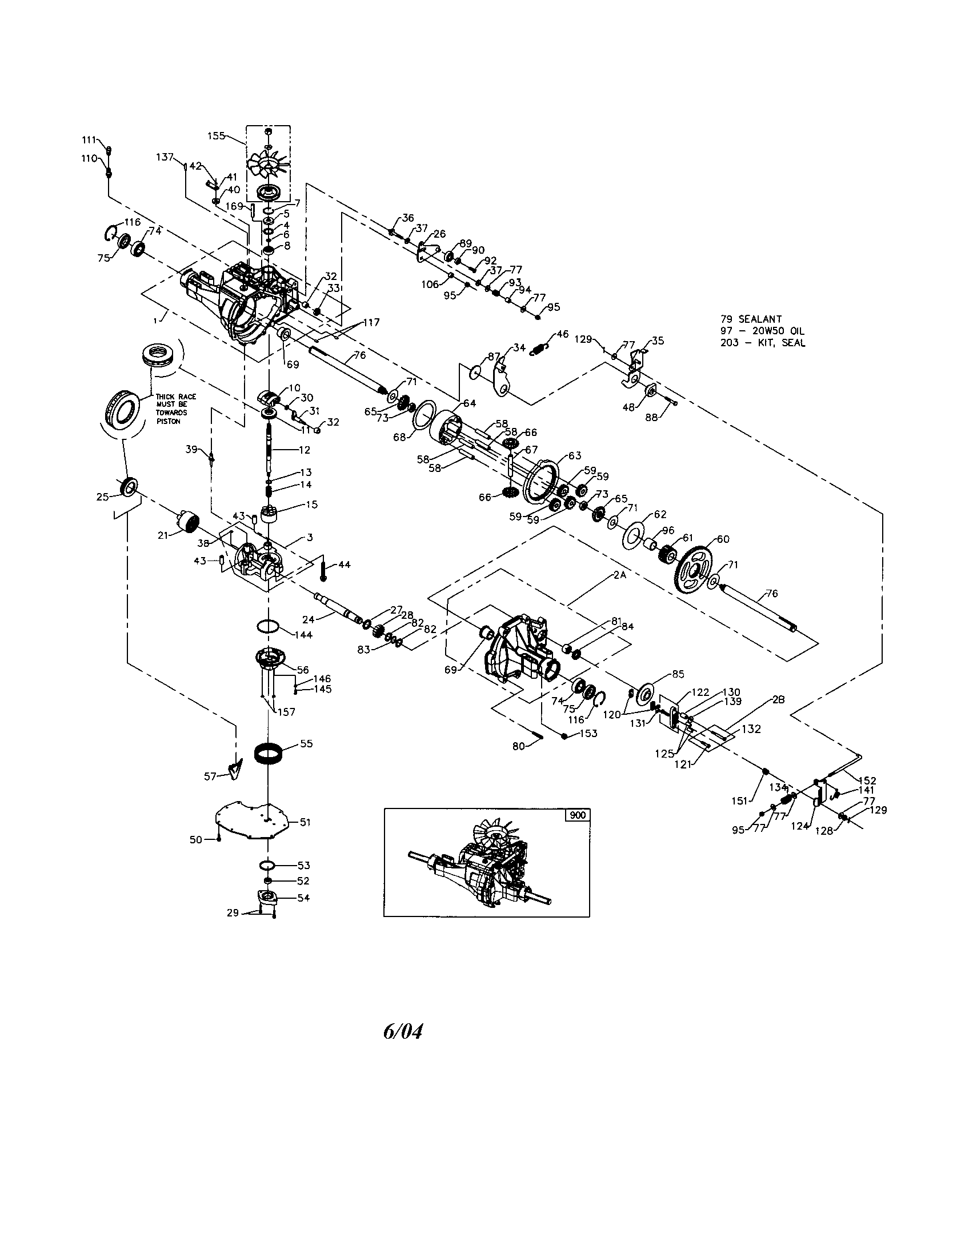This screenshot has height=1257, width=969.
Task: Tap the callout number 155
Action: [216, 136]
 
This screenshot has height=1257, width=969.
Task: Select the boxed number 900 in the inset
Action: [577, 815]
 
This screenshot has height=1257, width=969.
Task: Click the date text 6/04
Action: [402, 1031]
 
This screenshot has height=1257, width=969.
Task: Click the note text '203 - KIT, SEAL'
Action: [762, 343]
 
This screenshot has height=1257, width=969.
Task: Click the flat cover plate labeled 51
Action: [253, 820]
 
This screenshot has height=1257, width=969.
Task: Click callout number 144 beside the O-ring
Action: [303, 635]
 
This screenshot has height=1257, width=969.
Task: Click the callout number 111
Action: [89, 140]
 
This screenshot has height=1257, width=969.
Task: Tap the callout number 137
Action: [165, 157]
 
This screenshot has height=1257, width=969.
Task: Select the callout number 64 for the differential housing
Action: [470, 403]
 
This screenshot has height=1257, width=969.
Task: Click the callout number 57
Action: [211, 776]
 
